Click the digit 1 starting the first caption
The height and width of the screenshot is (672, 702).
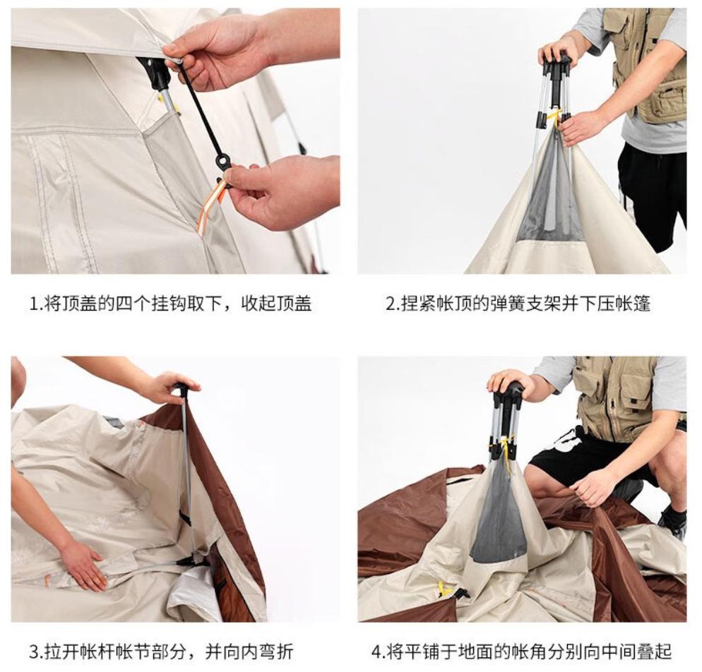point(32,304)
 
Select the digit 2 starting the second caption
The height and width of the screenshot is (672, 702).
point(391,304)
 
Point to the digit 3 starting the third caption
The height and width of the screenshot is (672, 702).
point(34,652)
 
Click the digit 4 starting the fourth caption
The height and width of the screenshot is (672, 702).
point(376,652)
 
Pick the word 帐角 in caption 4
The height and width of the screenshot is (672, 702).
point(531,652)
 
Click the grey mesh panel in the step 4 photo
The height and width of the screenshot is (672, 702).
point(499,519)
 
